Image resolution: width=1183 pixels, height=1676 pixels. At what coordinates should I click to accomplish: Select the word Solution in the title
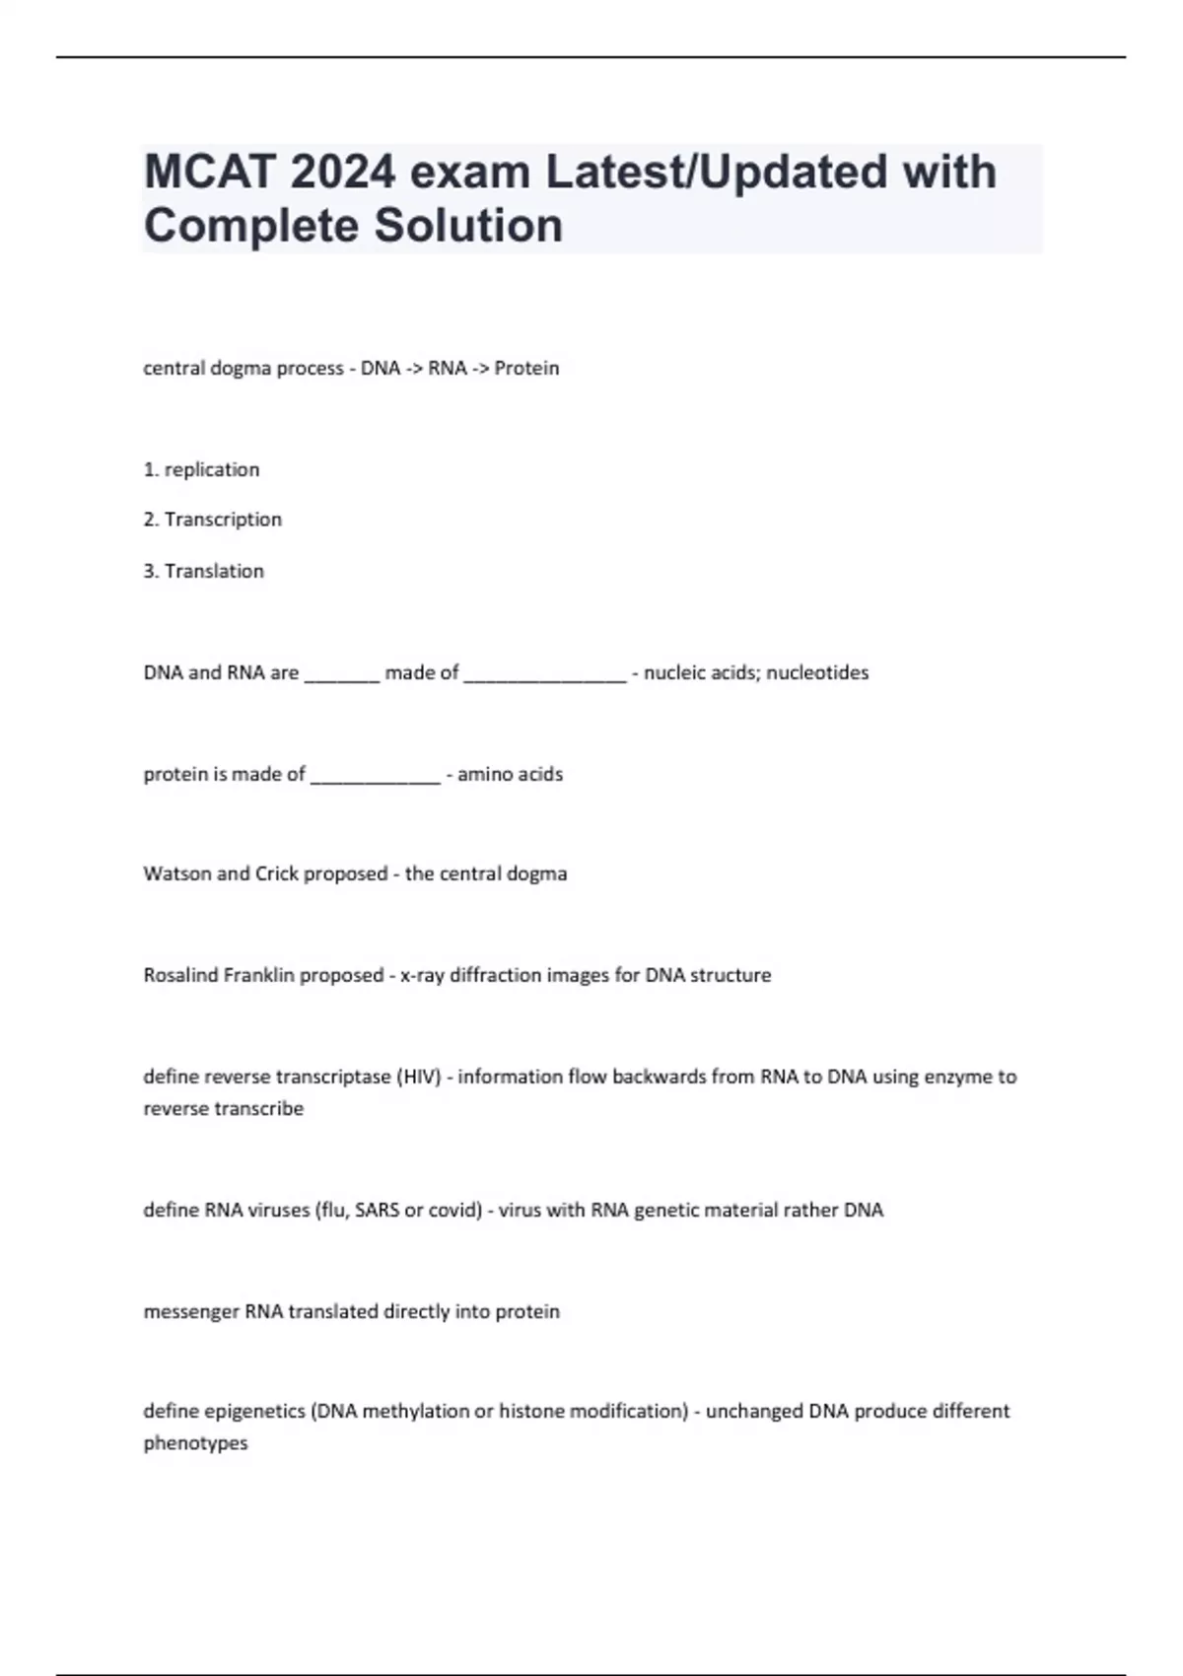[x=468, y=226]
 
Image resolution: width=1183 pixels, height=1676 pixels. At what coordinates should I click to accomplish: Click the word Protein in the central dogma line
[x=526, y=368]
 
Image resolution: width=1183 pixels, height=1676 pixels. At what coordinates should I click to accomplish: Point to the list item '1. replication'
[x=201, y=470]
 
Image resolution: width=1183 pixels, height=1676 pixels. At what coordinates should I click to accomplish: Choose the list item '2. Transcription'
[x=212, y=520]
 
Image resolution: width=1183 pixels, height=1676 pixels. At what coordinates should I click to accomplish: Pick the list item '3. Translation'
[x=203, y=572]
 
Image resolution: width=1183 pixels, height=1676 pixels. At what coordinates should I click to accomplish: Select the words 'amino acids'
[x=510, y=775]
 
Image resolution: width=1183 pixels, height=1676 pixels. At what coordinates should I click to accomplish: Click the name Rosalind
[x=180, y=976]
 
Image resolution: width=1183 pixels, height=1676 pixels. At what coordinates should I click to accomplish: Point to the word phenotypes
[x=195, y=1444]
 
